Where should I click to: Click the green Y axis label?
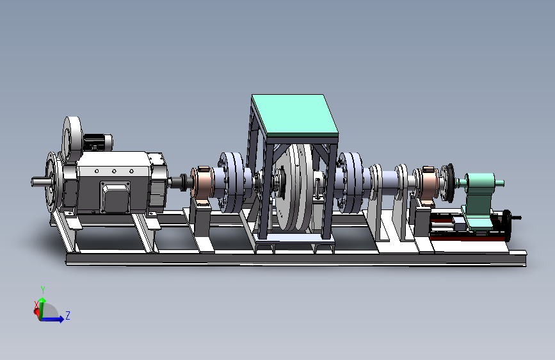(x=43, y=290)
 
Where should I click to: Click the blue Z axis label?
(x=68, y=315)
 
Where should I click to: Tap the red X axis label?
(x=36, y=305)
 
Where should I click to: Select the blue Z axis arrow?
(x=52, y=319)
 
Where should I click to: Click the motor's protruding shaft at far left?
(x=39, y=182)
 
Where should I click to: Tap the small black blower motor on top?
(x=97, y=142)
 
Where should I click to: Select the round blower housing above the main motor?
(x=72, y=138)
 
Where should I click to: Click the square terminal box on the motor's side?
(x=115, y=197)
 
